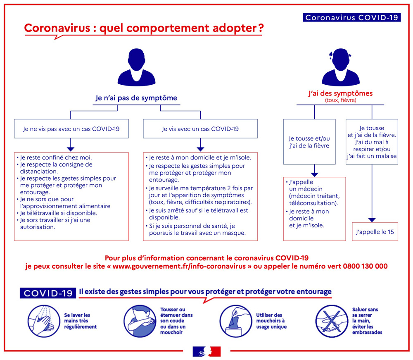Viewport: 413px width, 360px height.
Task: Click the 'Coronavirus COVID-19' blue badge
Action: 351,17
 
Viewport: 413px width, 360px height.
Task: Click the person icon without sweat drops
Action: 136,67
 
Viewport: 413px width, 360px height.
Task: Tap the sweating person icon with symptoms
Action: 341,67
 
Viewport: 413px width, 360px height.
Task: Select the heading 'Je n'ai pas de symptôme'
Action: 136,98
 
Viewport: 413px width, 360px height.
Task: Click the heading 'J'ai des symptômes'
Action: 341,93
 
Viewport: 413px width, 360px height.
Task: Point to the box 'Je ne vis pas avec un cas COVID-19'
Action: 71,129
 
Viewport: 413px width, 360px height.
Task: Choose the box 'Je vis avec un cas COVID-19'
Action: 200,129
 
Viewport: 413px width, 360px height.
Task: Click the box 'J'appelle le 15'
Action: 375,231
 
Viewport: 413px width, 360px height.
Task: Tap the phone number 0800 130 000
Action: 365,266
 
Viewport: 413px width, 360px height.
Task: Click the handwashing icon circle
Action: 44,321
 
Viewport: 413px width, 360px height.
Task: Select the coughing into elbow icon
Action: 140,321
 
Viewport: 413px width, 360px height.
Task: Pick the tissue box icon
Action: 236,321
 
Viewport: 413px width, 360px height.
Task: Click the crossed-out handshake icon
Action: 332,321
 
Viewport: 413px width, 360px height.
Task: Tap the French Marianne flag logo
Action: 206,352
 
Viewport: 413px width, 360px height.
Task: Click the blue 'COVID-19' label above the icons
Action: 48,293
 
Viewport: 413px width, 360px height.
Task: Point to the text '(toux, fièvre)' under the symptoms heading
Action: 340,100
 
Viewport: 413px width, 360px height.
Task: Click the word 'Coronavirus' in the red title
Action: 57,28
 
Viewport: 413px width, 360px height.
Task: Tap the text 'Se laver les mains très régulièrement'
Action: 81,321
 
